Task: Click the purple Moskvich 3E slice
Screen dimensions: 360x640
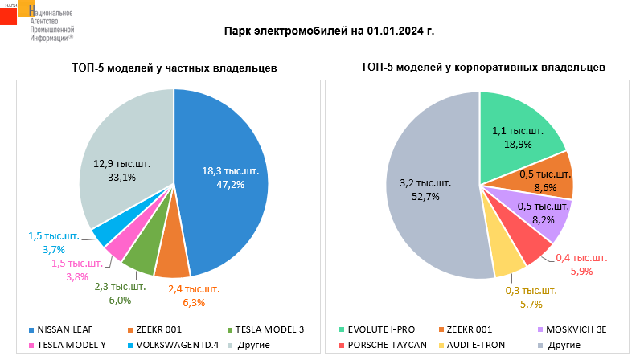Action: point(547,215)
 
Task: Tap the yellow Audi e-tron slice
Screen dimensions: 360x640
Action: point(507,259)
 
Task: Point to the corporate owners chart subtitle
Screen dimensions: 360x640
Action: point(483,68)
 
